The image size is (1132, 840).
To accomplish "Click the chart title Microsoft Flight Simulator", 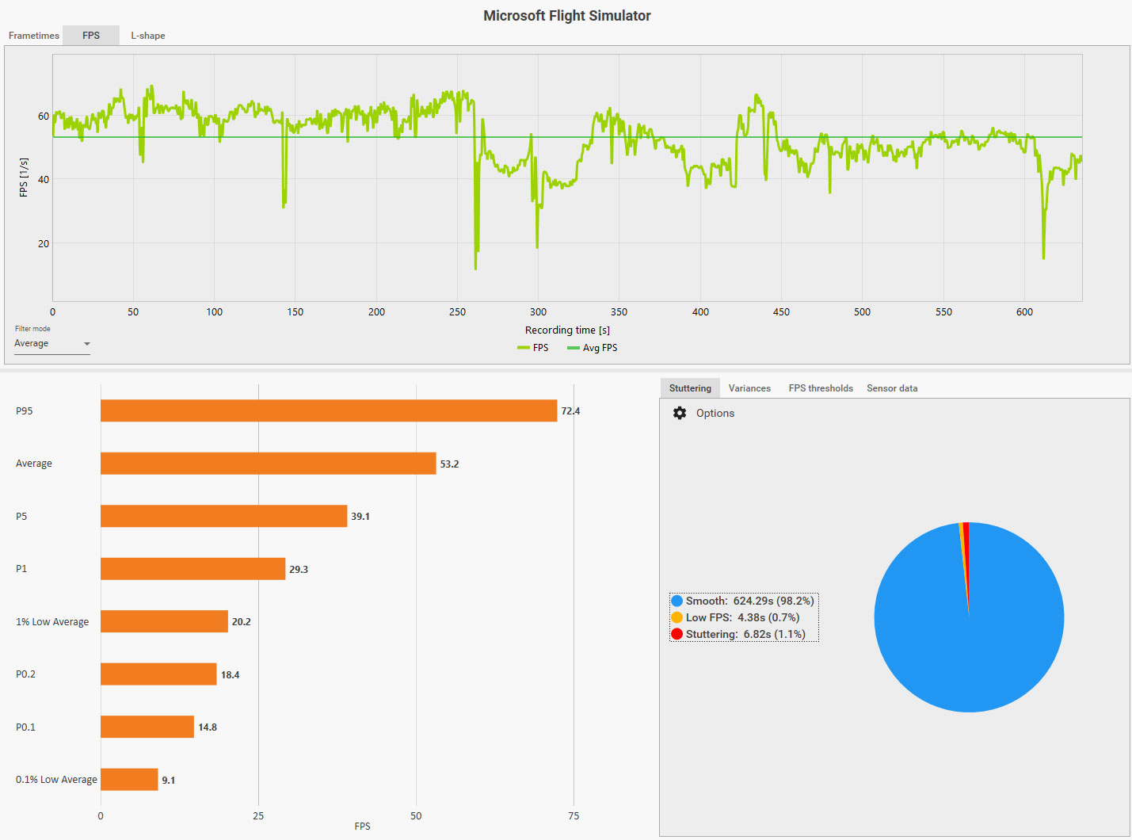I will point(566,16).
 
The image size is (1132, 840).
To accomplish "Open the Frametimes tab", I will point(34,36).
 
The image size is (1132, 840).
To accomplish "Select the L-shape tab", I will point(148,36).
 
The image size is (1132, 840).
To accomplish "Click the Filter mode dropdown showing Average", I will point(52,344).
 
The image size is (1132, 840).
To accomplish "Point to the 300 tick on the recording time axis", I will point(538,312).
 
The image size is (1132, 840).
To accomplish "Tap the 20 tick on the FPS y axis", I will point(44,244).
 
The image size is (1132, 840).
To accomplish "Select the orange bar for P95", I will point(329,410).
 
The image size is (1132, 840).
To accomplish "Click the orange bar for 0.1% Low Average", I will point(129,780).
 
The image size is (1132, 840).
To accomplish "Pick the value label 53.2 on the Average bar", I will point(449,464).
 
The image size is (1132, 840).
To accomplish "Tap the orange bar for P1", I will point(192,569).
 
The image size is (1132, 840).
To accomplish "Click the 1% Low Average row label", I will point(52,622).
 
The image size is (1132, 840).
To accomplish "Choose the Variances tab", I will point(749,388).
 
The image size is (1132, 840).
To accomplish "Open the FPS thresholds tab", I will point(821,388).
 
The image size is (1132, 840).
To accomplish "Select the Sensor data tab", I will point(892,388).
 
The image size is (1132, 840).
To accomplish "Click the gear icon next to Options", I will point(680,413).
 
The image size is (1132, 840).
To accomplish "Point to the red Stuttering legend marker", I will point(677,634).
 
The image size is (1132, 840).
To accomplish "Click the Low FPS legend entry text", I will point(742,617).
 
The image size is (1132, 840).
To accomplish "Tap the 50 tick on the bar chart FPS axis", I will point(416,816).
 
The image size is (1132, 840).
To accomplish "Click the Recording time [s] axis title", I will point(567,330).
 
